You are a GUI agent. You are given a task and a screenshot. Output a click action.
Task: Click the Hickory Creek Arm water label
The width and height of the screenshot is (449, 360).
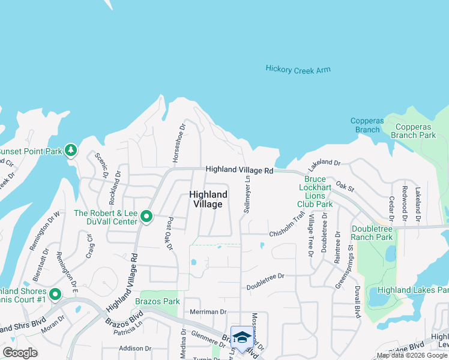click(x=298, y=70)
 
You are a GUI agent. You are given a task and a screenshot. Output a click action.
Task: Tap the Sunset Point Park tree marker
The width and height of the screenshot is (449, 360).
click(x=71, y=149)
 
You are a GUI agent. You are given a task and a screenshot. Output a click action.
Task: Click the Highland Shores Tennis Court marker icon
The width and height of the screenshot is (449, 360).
click(x=55, y=294)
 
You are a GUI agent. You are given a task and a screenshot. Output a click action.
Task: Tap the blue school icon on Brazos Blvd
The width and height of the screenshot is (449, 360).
click(x=241, y=338)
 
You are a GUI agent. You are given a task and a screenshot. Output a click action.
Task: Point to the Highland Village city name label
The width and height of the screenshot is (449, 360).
click(x=208, y=199)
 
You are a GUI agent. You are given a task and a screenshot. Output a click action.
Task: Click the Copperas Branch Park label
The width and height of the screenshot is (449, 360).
click(x=413, y=131)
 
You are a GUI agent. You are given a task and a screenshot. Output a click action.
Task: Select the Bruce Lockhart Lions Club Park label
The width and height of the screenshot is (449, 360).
click(x=318, y=192)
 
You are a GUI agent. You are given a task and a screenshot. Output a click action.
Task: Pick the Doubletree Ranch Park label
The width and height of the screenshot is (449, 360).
click(x=372, y=233)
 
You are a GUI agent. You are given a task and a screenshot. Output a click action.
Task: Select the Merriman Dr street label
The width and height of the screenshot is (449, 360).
click(x=208, y=312)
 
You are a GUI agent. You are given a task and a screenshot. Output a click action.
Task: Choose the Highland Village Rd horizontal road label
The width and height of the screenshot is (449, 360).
click(x=240, y=170)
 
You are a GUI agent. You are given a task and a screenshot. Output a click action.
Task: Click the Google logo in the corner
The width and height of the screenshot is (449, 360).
click(x=20, y=353)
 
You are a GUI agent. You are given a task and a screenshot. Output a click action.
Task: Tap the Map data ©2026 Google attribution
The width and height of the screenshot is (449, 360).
click(x=412, y=355)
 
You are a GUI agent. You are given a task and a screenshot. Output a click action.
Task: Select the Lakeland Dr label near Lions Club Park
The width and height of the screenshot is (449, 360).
click(x=325, y=163)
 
